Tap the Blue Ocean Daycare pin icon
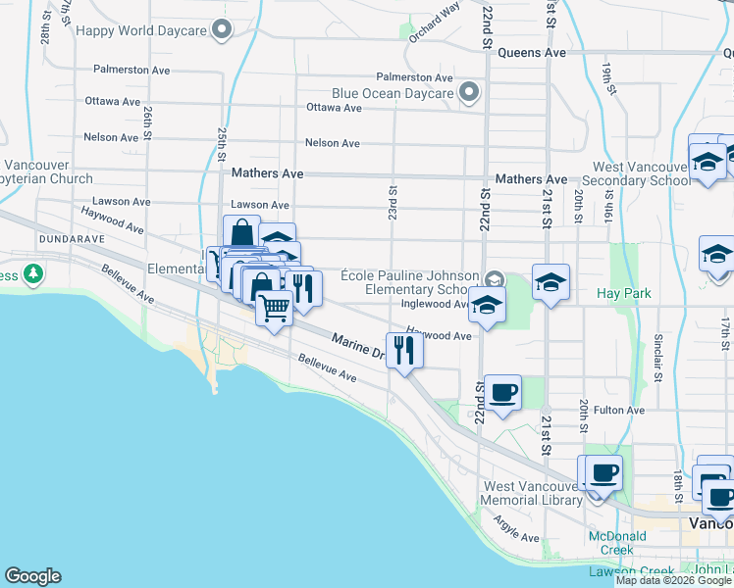[469, 94]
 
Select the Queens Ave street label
[532, 53]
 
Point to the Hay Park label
[624, 294]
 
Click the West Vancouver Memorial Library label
[533, 493]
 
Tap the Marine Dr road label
[357, 346]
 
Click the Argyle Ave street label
[516, 530]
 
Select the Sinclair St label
[657, 357]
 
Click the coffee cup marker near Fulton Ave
[503, 393]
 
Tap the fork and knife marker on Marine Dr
[404, 350]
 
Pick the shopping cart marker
[275, 308]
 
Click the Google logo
[32, 576]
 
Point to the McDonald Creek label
[617, 543]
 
